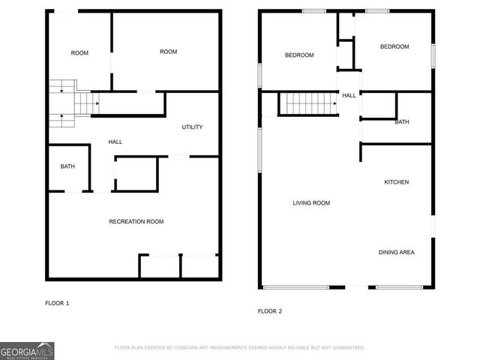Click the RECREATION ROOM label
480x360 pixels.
pos(136,221)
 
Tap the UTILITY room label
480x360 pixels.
pos(192,127)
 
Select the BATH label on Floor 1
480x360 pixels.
pos(67,166)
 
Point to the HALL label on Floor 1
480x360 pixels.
pos(115,142)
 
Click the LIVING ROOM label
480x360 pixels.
pos(311,203)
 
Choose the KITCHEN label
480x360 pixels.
pos(397,182)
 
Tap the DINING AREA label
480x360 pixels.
pos(396,252)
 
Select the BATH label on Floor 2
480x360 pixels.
pos(402,122)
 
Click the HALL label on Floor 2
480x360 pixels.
pos(349,96)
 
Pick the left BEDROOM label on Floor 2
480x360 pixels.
pos(299,55)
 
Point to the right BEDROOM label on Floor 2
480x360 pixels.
pos(394,46)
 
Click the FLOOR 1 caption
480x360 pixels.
pos(57,303)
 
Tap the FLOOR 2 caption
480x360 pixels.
pos(269,310)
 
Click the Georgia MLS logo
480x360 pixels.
pos(27,350)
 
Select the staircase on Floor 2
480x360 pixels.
pos(308,103)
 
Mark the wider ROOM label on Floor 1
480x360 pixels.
pos(168,51)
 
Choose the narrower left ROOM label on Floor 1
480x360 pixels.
pos(79,52)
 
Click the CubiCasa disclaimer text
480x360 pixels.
pos(239,348)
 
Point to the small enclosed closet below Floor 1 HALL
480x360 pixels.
pos(136,174)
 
